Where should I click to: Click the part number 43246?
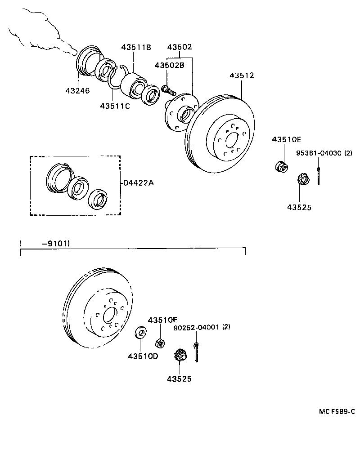(x=77, y=91)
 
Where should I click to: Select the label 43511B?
(x=135, y=47)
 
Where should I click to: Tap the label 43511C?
(x=115, y=106)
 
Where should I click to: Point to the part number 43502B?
(x=170, y=65)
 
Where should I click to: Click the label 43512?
(x=242, y=76)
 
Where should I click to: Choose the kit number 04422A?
(x=139, y=183)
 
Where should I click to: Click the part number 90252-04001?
(x=196, y=328)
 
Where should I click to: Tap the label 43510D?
(x=143, y=356)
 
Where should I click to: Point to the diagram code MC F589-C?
(x=337, y=411)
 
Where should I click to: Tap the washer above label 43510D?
(x=141, y=333)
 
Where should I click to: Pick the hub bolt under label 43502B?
(x=168, y=89)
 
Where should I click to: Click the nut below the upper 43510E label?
(x=281, y=166)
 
